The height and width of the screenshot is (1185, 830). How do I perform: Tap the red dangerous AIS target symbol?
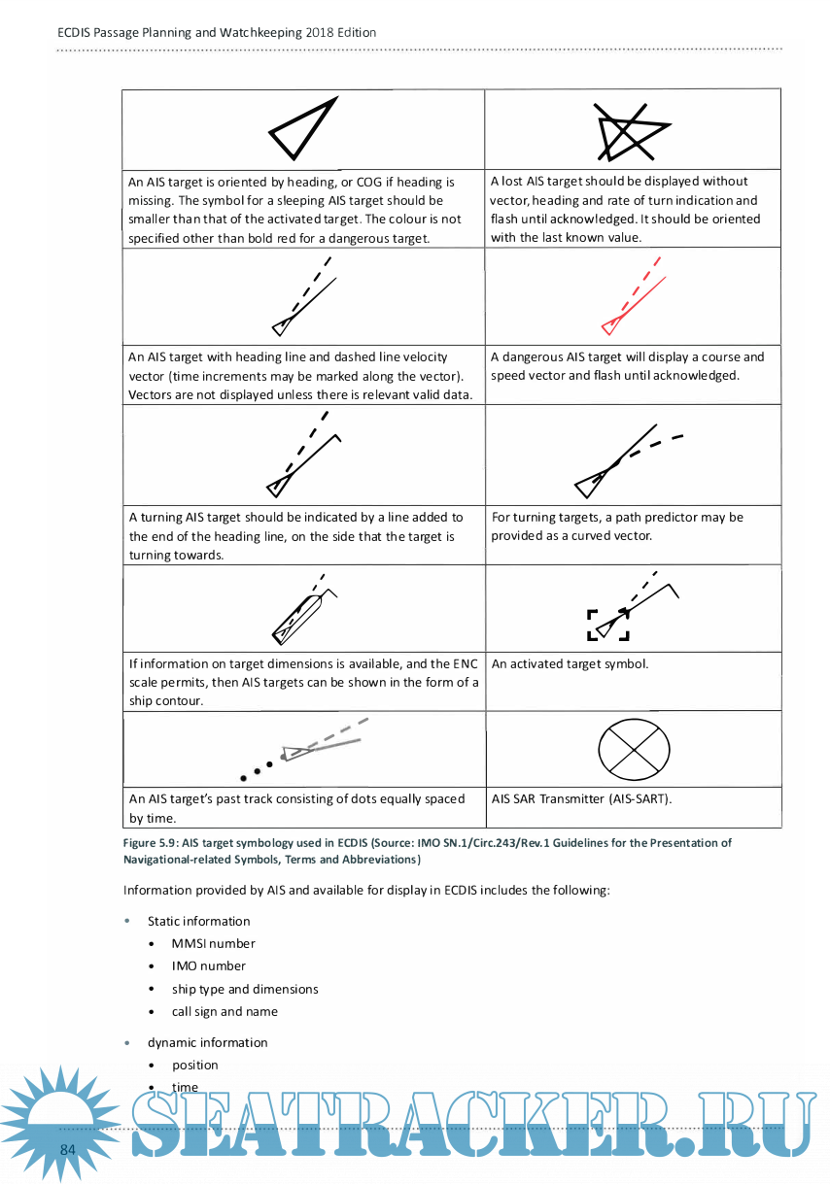coord(634,295)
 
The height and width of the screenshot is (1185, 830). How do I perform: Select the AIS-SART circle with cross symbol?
coord(634,748)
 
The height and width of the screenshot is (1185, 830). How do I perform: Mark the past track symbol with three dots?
coord(301,750)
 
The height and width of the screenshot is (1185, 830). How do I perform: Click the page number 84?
coord(68,1150)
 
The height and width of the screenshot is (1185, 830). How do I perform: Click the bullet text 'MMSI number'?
coord(213,943)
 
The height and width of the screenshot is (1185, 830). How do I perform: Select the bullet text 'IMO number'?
coord(208,965)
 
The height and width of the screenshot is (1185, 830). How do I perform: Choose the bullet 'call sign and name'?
coord(225,1011)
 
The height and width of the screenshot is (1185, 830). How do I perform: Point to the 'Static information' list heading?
coord(198,921)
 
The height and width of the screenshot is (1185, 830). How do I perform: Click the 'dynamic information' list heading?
coord(207,1042)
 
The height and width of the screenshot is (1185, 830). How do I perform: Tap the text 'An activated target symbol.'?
coord(570,664)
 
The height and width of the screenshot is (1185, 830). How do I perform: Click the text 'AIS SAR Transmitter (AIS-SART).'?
coord(581,798)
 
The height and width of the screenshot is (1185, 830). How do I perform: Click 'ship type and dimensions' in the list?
coord(245,989)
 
